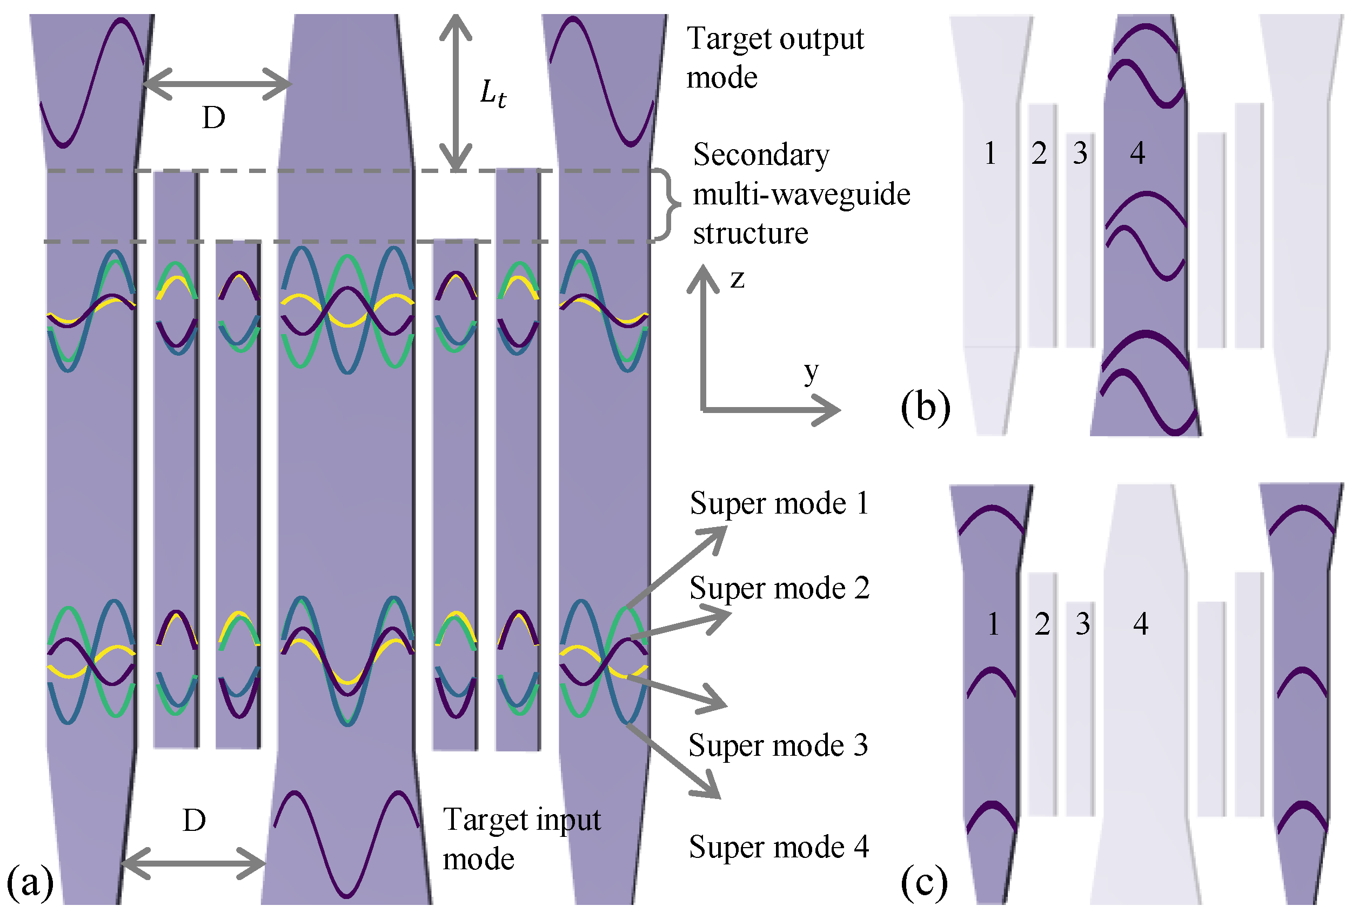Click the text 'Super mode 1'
779,504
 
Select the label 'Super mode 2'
779,589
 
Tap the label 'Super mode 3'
778,746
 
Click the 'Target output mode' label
774,57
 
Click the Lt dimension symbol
493,94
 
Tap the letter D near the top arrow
213,119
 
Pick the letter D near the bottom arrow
194,821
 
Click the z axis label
737,279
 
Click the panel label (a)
30,883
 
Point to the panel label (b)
925,407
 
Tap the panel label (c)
924,882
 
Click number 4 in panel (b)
1137,154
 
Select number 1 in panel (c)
993,624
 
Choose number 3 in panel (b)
1080,154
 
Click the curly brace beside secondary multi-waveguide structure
667,205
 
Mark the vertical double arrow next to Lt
456,94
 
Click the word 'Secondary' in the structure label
761,156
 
